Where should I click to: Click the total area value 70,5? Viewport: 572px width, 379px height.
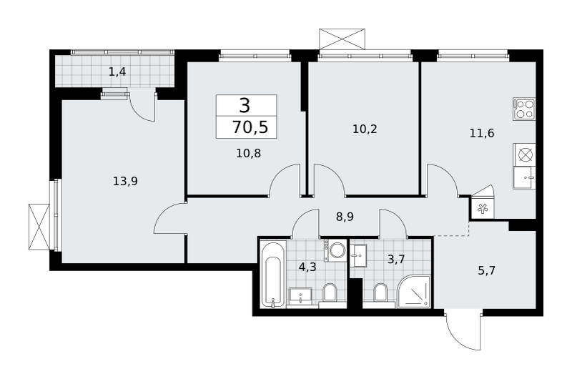coord(250,128)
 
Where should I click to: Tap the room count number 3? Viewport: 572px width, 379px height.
coord(245,106)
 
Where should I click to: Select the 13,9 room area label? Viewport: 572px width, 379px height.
coord(125,181)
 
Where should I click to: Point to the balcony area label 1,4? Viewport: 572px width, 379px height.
coord(117,72)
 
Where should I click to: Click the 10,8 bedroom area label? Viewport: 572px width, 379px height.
coord(248,153)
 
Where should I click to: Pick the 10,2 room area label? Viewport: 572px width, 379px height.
coord(365,129)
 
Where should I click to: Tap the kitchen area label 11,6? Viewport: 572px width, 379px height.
coord(482,133)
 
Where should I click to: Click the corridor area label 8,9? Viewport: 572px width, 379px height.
coord(345,217)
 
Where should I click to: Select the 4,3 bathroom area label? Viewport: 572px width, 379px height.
coord(307,267)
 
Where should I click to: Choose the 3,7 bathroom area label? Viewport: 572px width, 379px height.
coord(396,260)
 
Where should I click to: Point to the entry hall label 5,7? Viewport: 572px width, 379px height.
coord(487,270)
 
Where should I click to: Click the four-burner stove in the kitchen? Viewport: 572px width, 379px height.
coord(524,109)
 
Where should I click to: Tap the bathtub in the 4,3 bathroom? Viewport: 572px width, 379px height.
coord(273,275)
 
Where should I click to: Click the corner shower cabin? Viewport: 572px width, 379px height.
coord(415,291)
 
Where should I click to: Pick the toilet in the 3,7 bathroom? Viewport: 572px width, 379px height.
coord(380,293)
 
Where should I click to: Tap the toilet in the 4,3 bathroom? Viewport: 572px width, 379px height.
coord(330,293)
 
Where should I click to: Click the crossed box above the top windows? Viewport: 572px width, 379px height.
coord(342,39)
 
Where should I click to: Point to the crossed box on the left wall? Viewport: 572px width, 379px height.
coord(39,227)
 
